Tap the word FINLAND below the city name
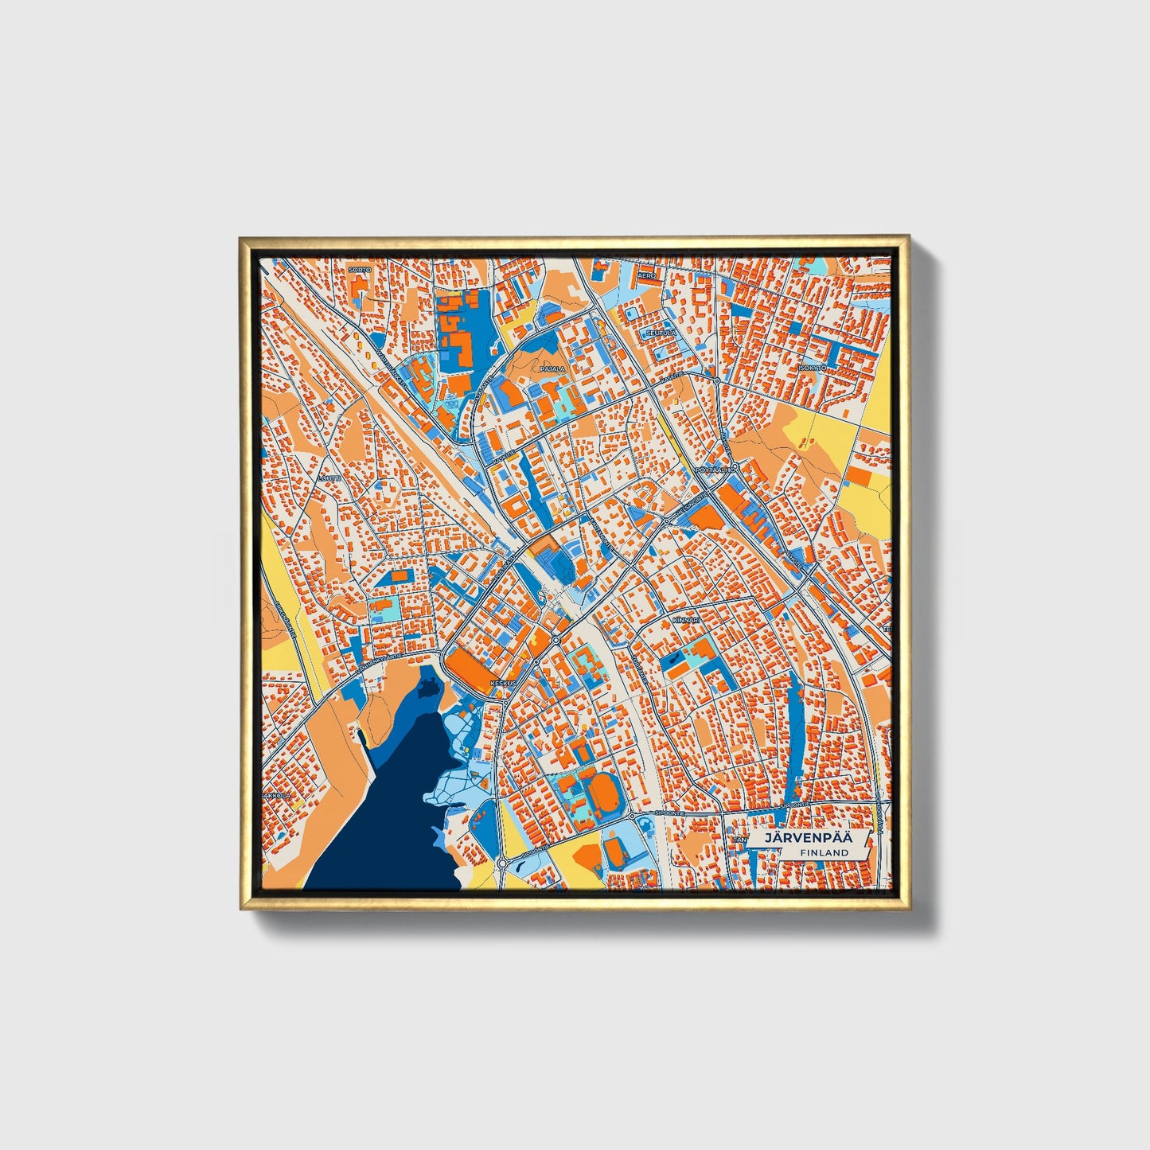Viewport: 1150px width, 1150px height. click(x=824, y=852)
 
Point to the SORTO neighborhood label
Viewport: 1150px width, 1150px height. click(x=360, y=271)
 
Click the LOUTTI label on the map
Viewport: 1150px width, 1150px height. click(x=329, y=478)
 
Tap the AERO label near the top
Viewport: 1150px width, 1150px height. click(x=645, y=274)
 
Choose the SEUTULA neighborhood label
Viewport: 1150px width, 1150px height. click(x=661, y=333)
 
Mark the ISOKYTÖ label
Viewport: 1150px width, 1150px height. click(x=813, y=368)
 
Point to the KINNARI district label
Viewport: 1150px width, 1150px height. click(x=684, y=618)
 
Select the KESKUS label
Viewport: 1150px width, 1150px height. click(x=504, y=683)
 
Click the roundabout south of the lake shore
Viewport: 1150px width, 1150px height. click(x=503, y=863)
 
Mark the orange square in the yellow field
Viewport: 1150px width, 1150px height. click(x=858, y=477)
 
